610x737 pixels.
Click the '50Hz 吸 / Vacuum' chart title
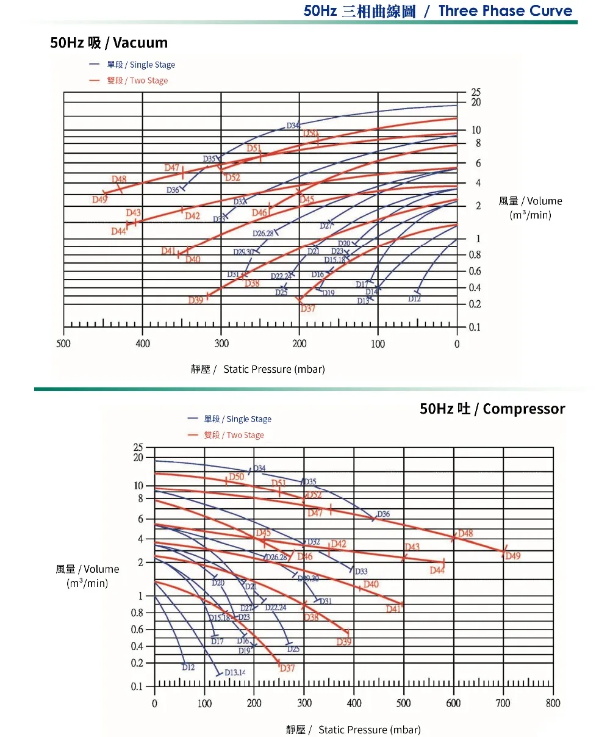(x=109, y=43)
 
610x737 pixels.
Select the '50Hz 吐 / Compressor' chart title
(x=492, y=409)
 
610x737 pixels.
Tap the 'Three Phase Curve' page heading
(x=505, y=11)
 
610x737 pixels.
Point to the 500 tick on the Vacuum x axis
(x=63, y=343)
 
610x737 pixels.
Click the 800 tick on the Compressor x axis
(x=553, y=703)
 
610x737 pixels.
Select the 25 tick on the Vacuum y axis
(x=476, y=92)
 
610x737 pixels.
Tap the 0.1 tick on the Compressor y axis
(x=137, y=686)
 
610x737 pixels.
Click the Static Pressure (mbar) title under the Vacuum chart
(x=258, y=369)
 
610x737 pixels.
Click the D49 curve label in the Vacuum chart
(x=99, y=200)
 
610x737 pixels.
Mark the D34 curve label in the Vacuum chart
(x=293, y=126)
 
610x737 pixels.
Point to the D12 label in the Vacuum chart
(x=415, y=299)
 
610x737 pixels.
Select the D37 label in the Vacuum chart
(x=307, y=308)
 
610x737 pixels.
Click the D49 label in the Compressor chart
(x=513, y=556)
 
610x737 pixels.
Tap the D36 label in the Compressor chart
(x=383, y=514)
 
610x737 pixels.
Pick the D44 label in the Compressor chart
(x=437, y=570)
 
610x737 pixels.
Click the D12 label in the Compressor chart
(x=188, y=667)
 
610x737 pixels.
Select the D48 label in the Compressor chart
(x=465, y=533)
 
